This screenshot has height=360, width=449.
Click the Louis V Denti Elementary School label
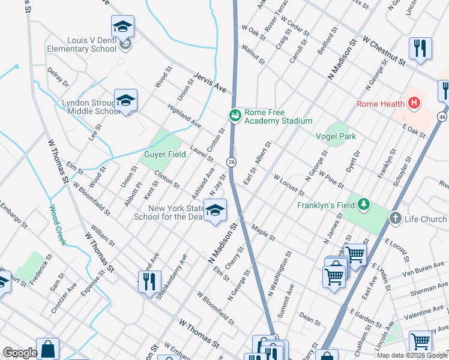click(83, 44)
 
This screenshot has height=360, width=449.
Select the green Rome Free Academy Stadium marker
click(235, 115)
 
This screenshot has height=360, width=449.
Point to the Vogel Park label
click(336, 136)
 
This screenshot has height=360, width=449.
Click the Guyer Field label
click(163, 154)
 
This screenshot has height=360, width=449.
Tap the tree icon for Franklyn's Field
click(363, 205)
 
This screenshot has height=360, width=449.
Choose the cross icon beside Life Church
click(395, 218)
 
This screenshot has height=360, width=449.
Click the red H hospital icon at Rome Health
click(413, 104)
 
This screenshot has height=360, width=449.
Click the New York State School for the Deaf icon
click(215, 210)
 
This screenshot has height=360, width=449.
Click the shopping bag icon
click(47, 349)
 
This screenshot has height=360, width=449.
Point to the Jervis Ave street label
click(209, 83)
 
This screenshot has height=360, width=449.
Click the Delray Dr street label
click(58, 77)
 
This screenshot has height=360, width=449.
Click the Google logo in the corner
click(20, 353)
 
